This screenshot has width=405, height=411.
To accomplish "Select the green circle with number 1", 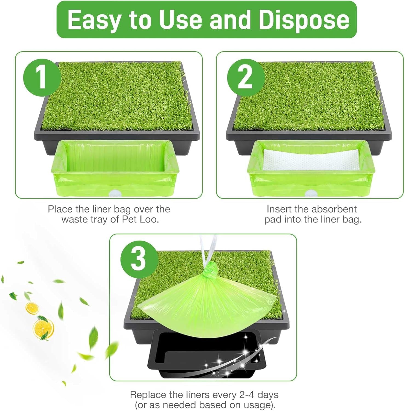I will click(41, 78).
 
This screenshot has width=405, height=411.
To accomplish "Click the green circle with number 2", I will click(245, 78).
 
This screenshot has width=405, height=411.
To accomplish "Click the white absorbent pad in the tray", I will click(311, 160).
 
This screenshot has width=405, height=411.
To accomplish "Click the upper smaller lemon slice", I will click(32, 308).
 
